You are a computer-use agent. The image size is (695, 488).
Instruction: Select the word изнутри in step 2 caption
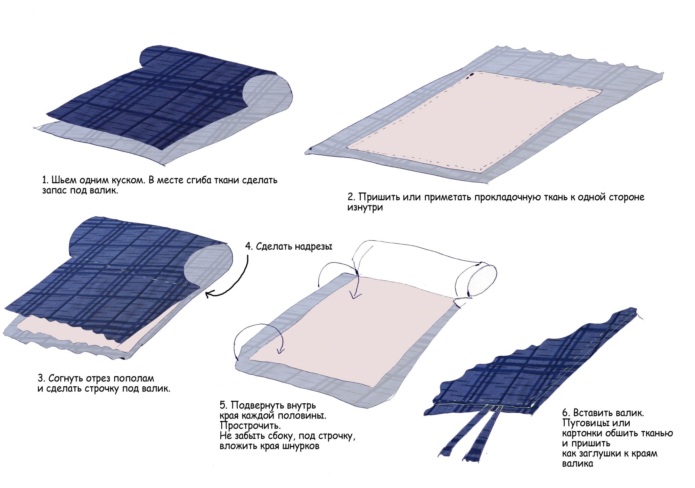pyautogui.click(x=365, y=208)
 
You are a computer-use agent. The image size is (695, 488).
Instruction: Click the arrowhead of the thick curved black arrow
pyautogui.click(x=208, y=295)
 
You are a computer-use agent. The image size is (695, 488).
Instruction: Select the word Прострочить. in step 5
pyautogui.click(x=250, y=425)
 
